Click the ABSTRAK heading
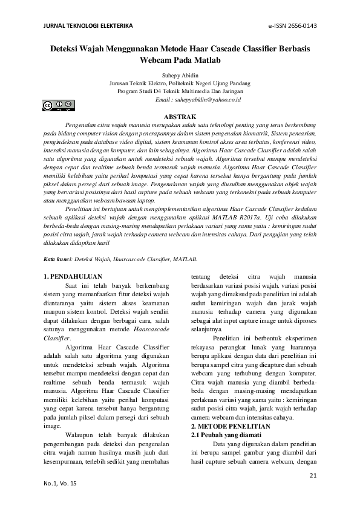[x=180, y=115]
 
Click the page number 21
[x=313, y=476]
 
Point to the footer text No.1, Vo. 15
[x=61, y=484]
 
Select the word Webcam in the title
[x=157, y=61]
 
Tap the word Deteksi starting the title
[x=67, y=50]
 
